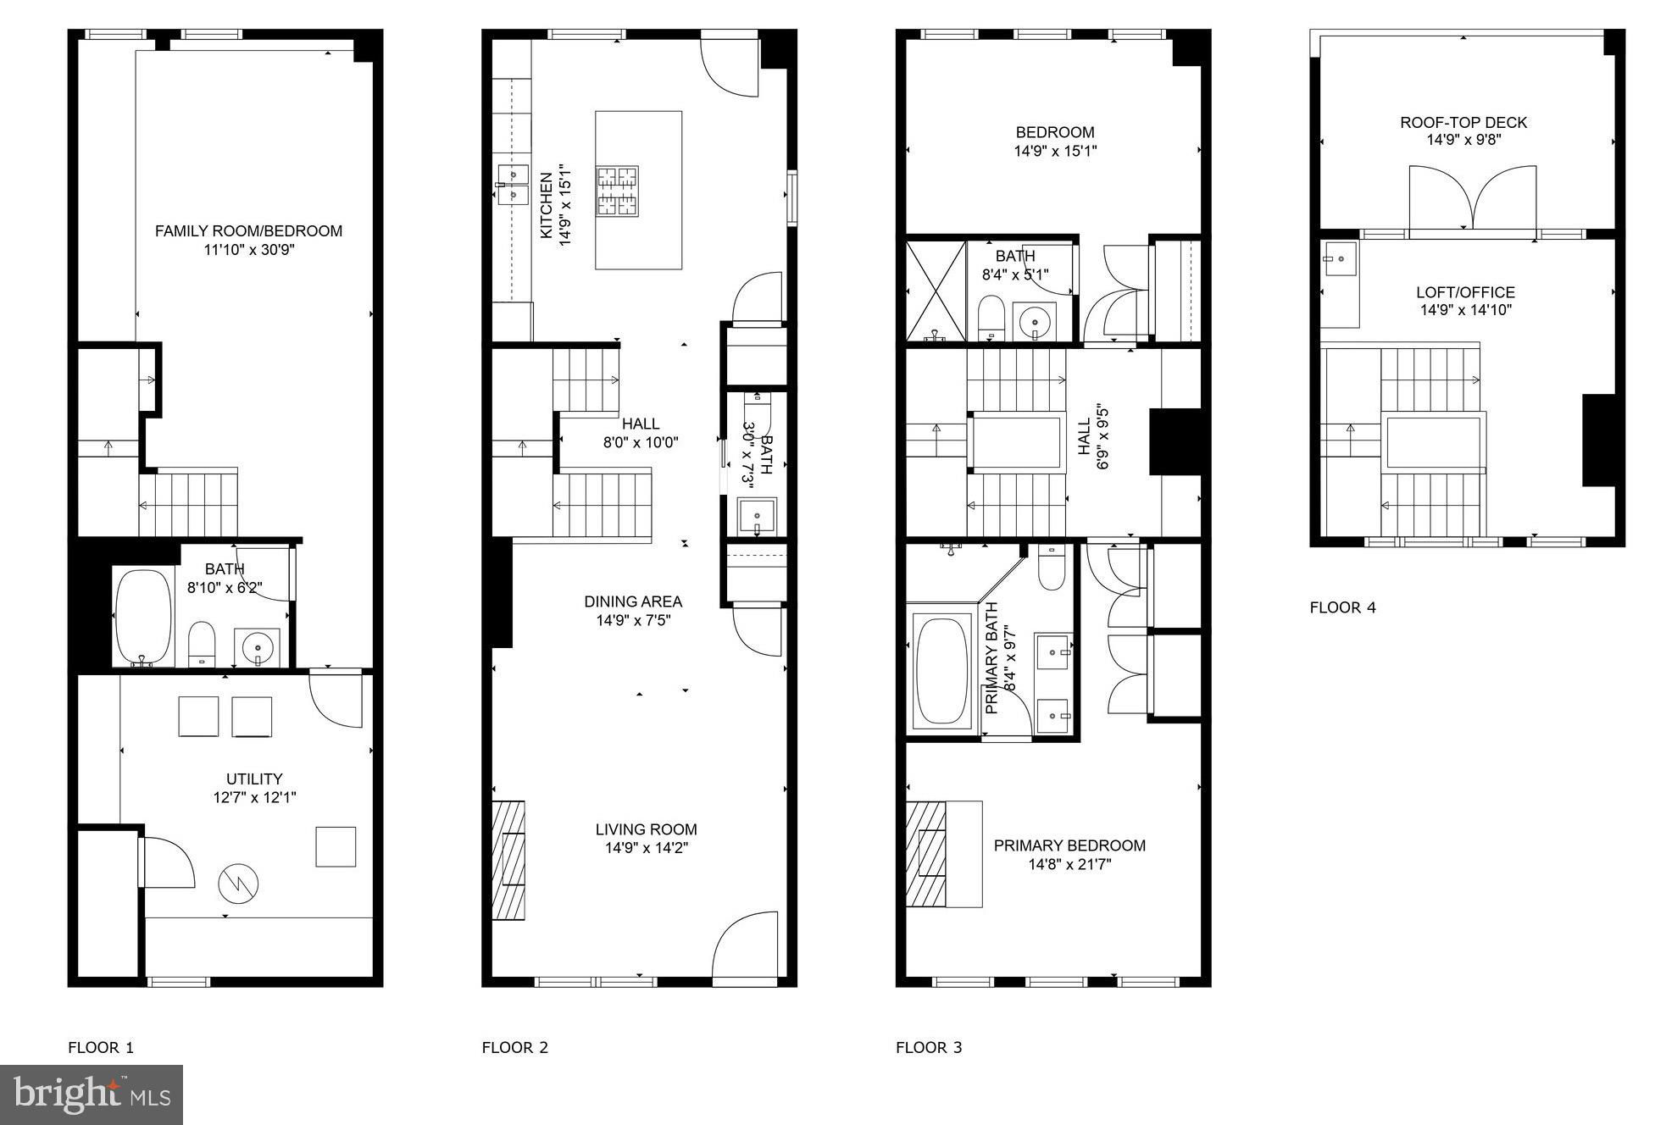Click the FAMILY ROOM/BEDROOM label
point(248,230)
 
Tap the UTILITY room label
point(254,779)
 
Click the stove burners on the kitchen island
point(617,191)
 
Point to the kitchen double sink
point(512,185)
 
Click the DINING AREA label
point(633,601)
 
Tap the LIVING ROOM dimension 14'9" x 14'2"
point(646,848)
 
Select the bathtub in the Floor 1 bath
point(142,617)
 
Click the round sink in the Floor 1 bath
point(258,648)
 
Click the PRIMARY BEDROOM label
point(1069,845)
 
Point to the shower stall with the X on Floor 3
point(936,291)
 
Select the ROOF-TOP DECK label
point(1463,123)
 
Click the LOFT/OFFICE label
point(1465,293)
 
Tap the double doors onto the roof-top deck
point(1473,198)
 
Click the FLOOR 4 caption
point(1343,607)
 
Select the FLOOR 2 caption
point(515,1047)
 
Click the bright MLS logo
point(92,1095)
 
